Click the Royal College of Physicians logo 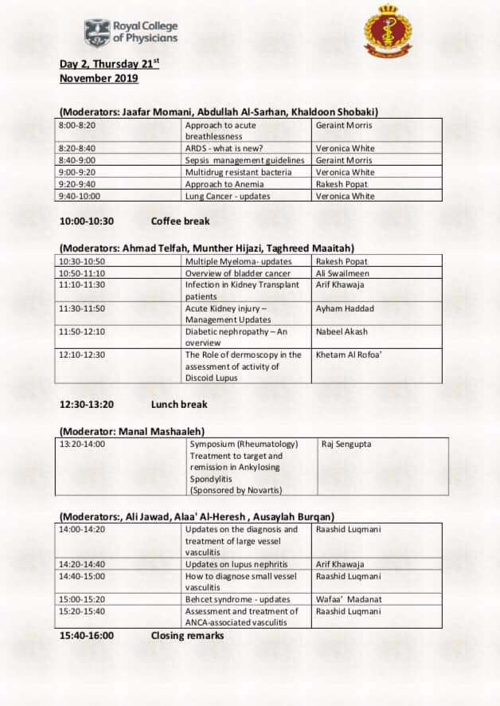click(x=131, y=33)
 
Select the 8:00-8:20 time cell click(x=77, y=125)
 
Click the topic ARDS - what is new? click(x=224, y=148)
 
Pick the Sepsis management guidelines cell click(x=244, y=160)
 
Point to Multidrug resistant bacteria click(x=238, y=172)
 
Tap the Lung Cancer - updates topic click(x=227, y=196)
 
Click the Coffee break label click(x=180, y=221)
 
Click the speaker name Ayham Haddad click(x=345, y=308)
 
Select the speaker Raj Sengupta click(x=347, y=444)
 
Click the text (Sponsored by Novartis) click(x=236, y=490)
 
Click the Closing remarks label click(x=187, y=635)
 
